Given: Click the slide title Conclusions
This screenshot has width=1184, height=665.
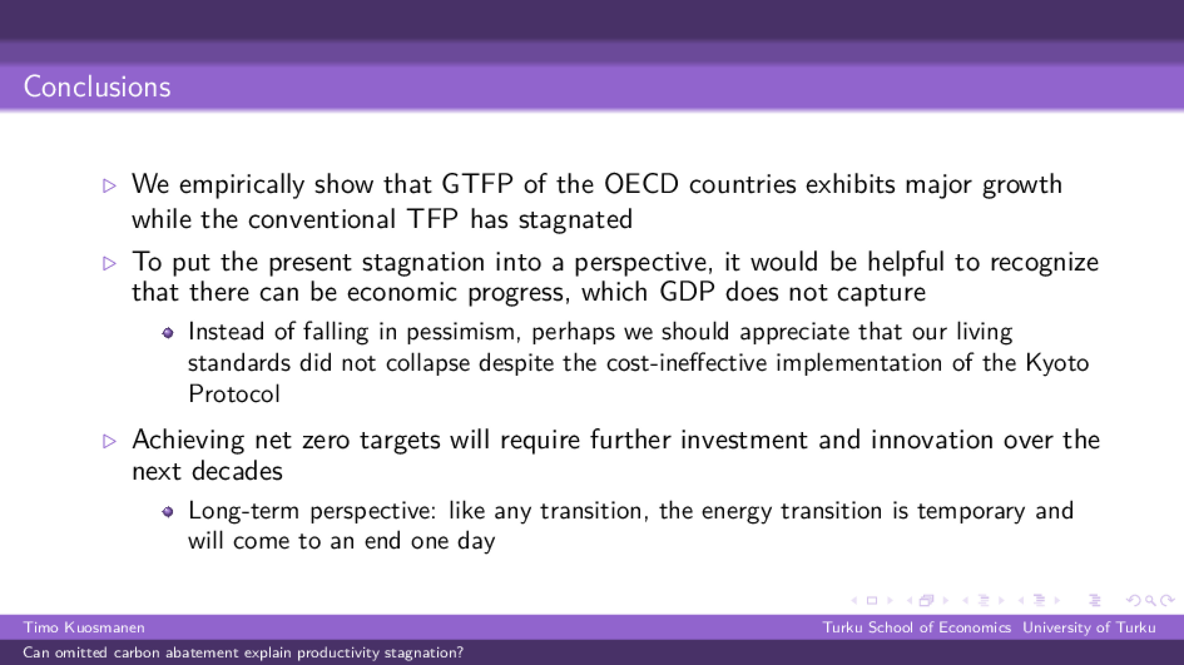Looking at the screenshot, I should [x=97, y=86].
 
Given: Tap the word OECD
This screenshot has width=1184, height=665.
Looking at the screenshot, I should [x=641, y=184].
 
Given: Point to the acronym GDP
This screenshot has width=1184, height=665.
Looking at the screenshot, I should [x=687, y=292].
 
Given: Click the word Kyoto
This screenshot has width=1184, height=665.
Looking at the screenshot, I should [x=1057, y=363].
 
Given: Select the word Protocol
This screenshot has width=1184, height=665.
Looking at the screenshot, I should [x=234, y=393].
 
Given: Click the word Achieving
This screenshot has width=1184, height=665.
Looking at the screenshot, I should [x=189, y=440].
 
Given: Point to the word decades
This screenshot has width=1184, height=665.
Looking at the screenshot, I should [x=237, y=471].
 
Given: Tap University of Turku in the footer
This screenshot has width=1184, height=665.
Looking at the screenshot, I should [x=1089, y=627].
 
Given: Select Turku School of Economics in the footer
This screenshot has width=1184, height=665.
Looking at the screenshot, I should [x=916, y=627].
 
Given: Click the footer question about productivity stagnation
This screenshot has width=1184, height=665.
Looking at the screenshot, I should [x=243, y=652].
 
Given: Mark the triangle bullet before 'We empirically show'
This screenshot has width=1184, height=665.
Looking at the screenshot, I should [x=109, y=186].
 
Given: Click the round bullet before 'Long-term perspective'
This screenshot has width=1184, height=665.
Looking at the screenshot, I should [x=168, y=512].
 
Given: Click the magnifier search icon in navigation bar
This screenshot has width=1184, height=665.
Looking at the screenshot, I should [x=1150, y=601].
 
